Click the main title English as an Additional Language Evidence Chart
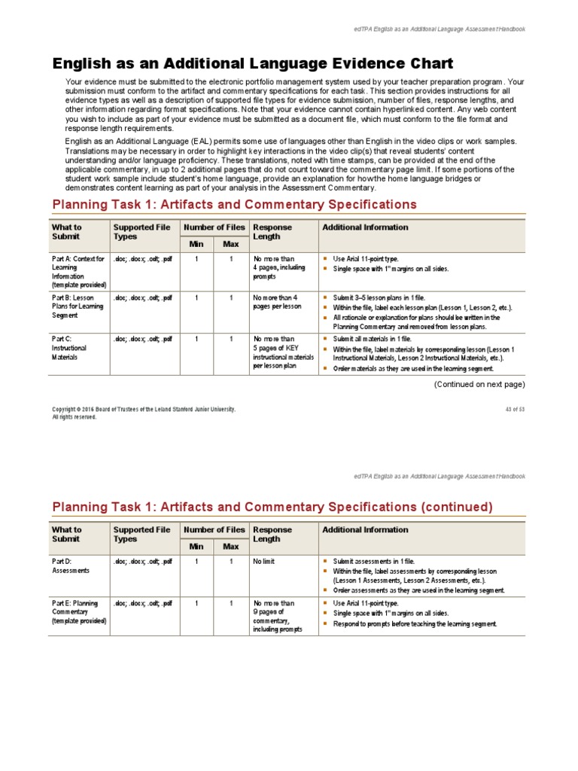[x=252, y=63]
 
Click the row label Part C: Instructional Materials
[x=69, y=348]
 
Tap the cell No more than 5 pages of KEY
[x=282, y=352]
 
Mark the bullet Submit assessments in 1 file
[x=374, y=562]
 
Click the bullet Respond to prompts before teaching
[x=415, y=624]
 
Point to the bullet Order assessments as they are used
[x=419, y=591]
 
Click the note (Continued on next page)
[x=479, y=384]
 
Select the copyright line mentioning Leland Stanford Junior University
[x=143, y=409]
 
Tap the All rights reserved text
[x=74, y=416]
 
